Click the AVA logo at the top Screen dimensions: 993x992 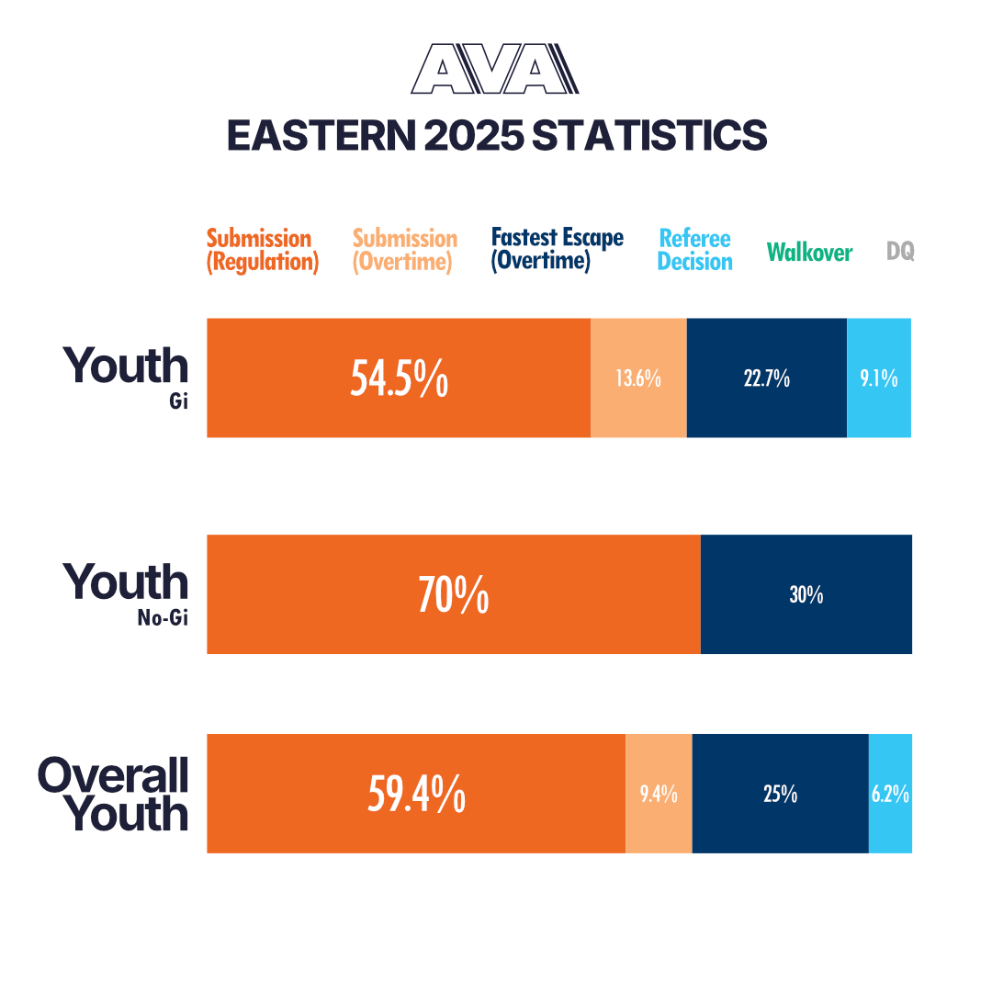495,70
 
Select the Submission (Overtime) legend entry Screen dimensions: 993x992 405,251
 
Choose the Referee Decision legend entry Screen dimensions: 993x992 695,251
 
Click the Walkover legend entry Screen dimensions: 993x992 809,252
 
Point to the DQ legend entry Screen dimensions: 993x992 900,251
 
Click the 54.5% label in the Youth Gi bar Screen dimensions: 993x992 399,378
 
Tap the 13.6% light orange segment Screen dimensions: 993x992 638,378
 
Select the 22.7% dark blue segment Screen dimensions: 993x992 766,378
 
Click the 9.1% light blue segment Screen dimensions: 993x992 879,378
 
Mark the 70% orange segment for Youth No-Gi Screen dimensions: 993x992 453,594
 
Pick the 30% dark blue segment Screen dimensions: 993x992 806,594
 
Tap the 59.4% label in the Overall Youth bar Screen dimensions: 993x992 416,795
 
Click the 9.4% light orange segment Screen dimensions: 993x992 659,795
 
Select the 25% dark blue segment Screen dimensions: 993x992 780,795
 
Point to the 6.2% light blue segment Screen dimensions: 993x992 890,795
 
